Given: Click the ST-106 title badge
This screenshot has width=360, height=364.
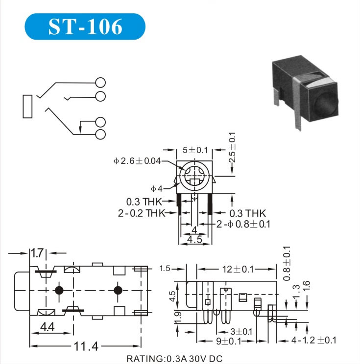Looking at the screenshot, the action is (85, 26).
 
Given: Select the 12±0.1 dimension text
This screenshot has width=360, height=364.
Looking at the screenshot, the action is (238, 269).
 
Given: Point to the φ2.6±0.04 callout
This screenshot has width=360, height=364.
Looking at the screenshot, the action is (137, 160).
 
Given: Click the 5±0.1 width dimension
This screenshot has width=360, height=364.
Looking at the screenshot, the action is (195, 150).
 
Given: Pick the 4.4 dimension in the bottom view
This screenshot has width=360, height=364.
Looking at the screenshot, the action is (48, 327).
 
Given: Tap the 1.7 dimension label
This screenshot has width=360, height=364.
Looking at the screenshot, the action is (37, 253).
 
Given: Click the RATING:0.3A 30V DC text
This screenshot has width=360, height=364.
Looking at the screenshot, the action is (174, 359).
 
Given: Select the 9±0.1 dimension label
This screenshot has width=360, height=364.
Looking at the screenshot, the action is (228, 341).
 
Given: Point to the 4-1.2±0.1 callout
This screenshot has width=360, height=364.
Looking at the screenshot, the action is (314, 341).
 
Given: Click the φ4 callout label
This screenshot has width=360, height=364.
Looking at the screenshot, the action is (157, 189).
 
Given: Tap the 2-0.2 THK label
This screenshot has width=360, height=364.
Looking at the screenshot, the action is (142, 213).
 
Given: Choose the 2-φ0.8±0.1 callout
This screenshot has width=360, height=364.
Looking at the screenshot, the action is (243, 224).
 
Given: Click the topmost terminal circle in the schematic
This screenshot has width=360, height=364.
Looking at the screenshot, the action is (100, 82).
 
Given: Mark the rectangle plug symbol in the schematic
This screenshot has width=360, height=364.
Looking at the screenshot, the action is (27, 106).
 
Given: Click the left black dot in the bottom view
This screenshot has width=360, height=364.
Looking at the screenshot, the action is (59, 290).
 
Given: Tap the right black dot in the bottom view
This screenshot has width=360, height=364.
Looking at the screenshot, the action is (118, 290).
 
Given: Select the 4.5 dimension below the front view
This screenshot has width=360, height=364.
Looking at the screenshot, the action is (195, 240).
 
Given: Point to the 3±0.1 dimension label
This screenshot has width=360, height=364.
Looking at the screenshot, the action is (241, 332).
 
